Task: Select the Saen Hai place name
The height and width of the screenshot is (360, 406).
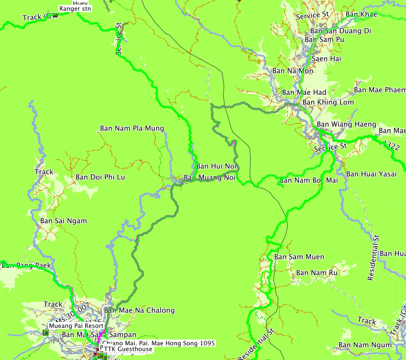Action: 326,59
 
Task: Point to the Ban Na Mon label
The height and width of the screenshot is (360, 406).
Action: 293,71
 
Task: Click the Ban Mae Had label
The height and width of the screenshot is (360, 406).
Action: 304,92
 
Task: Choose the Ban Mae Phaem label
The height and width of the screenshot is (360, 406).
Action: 380,90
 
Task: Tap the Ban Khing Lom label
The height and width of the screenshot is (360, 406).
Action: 328,102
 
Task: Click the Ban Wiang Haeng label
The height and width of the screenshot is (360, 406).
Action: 346,124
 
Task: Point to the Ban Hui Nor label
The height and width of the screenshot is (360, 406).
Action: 217,166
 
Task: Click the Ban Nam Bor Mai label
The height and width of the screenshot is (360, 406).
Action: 309,181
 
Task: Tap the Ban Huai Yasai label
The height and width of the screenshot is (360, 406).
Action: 371,174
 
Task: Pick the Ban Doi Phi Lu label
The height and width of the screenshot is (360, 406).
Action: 100,177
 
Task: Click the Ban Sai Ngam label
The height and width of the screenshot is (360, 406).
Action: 63,221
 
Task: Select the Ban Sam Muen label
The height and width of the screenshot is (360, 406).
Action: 299,257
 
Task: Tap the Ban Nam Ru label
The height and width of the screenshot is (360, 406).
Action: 317,273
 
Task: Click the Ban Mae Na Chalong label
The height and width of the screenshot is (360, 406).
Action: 139,310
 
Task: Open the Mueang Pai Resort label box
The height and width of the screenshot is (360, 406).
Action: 76,326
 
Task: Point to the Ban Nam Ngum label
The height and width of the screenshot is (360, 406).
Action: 365,345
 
